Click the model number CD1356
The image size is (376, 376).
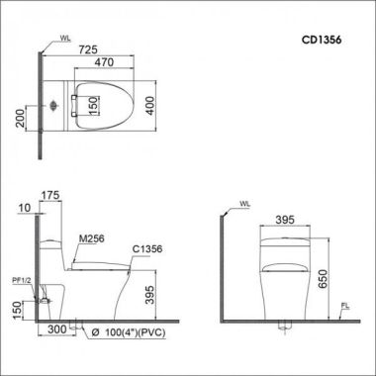coord(322,40)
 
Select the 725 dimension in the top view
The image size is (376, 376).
coord(88,49)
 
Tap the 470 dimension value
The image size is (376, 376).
coord(104,62)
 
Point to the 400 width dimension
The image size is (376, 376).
coord(150,106)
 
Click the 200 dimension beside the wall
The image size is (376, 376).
coord(21,119)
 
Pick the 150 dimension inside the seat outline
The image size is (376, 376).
coord(94,106)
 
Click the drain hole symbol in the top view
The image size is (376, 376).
coord(53,106)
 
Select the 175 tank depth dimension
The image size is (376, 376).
coord(50,195)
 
